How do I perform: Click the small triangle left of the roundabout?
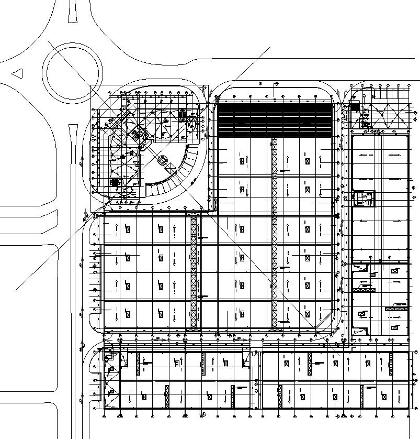[x=17, y=73]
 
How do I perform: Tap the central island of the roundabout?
[x=73, y=74]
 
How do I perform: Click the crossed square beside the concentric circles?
[x=171, y=167]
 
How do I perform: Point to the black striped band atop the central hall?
[x=275, y=120]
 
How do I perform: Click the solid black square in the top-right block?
[x=356, y=108]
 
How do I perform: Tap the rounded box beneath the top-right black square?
[x=364, y=124]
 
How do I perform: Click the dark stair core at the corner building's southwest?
[x=116, y=182]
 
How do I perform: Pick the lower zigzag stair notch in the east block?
[x=358, y=331]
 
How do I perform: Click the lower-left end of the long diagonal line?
[x=17, y=289]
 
